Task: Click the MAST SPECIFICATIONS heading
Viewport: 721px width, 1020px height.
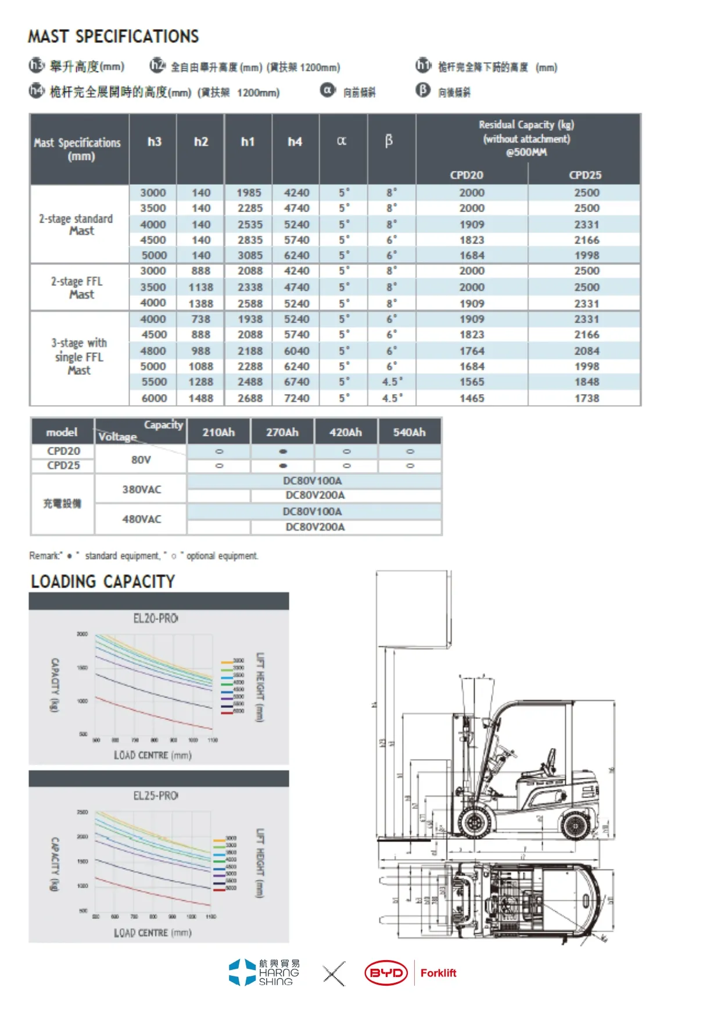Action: (113, 37)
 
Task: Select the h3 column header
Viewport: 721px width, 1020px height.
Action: (154, 142)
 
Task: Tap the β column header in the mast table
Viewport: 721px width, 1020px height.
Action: (389, 141)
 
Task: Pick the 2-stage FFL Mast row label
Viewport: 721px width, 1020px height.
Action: (77, 288)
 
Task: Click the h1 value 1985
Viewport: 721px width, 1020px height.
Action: (249, 192)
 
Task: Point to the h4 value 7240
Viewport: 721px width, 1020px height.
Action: (296, 398)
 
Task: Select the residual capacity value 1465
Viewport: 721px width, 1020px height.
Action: (472, 398)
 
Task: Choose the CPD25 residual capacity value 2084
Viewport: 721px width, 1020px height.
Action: (587, 351)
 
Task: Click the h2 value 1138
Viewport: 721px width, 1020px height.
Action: (201, 287)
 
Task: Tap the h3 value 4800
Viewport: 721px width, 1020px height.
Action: (153, 351)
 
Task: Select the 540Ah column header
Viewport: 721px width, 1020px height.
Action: (409, 432)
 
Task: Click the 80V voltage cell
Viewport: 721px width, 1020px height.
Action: (141, 460)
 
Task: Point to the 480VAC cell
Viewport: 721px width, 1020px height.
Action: (141, 519)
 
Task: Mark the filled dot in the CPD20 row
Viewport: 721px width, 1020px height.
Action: (283, 452)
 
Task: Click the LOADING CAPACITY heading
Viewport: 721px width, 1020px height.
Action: (103, 582)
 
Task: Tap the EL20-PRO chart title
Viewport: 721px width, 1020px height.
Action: (156, 618)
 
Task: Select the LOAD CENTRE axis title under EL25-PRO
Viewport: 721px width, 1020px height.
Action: (152, 932)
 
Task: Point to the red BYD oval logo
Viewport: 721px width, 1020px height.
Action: (386, 973)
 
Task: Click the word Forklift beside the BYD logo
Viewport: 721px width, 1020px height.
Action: (438, 973)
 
